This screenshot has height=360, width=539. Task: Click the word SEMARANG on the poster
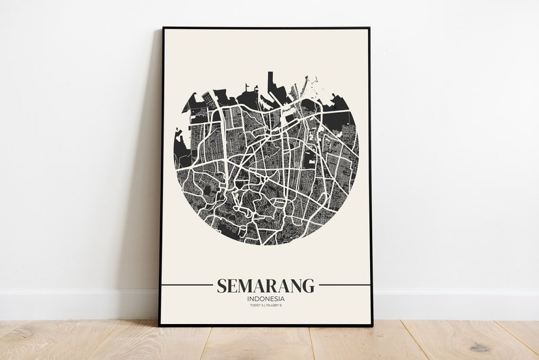pos(265,285)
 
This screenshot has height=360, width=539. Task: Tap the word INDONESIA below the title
pos(265,299)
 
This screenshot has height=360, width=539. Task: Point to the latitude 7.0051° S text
pos(256,307)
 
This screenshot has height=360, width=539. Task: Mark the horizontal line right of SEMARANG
pos(344,285)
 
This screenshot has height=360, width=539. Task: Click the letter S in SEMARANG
pos(221,285)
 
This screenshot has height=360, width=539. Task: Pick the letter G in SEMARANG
pos(309,285)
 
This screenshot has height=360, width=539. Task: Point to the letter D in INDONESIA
pos(256,299)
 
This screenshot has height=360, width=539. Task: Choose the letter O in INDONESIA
pos(261,299)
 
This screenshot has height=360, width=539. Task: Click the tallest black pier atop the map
pos(269,80)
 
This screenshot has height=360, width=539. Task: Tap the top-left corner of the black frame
pos(163,29)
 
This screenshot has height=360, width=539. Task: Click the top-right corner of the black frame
pos(369,29)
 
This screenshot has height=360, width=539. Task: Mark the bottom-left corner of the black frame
pos(160,325)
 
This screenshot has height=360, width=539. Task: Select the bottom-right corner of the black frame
pos(372,325)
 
